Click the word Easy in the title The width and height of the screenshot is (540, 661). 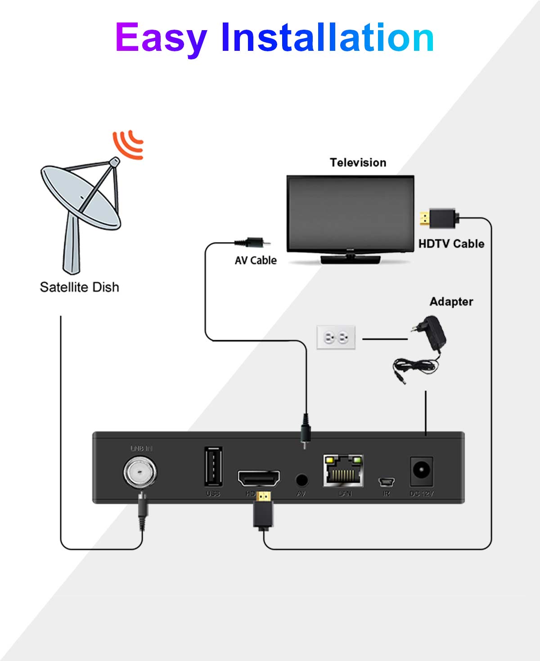tap(161, 38)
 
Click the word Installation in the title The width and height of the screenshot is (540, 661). tap(327, 38)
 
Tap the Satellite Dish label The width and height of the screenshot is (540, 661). tap(80, 287)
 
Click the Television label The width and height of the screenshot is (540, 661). tap(358, 162)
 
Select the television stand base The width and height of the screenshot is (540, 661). tap(350, 259)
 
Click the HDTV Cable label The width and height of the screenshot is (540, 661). tap(451, 244)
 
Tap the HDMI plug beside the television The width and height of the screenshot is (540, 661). tap(439, 219)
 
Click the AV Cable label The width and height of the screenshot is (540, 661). tap(255, 261)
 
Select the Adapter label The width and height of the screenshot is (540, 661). tap(451, 301)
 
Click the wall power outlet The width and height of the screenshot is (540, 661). tap(336, 337)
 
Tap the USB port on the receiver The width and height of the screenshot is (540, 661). tap(213, 467)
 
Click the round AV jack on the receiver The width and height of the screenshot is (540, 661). tap(301, 480)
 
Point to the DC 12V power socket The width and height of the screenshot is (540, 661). tap(421, 471)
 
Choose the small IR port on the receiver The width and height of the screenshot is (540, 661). tap(386, 482)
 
